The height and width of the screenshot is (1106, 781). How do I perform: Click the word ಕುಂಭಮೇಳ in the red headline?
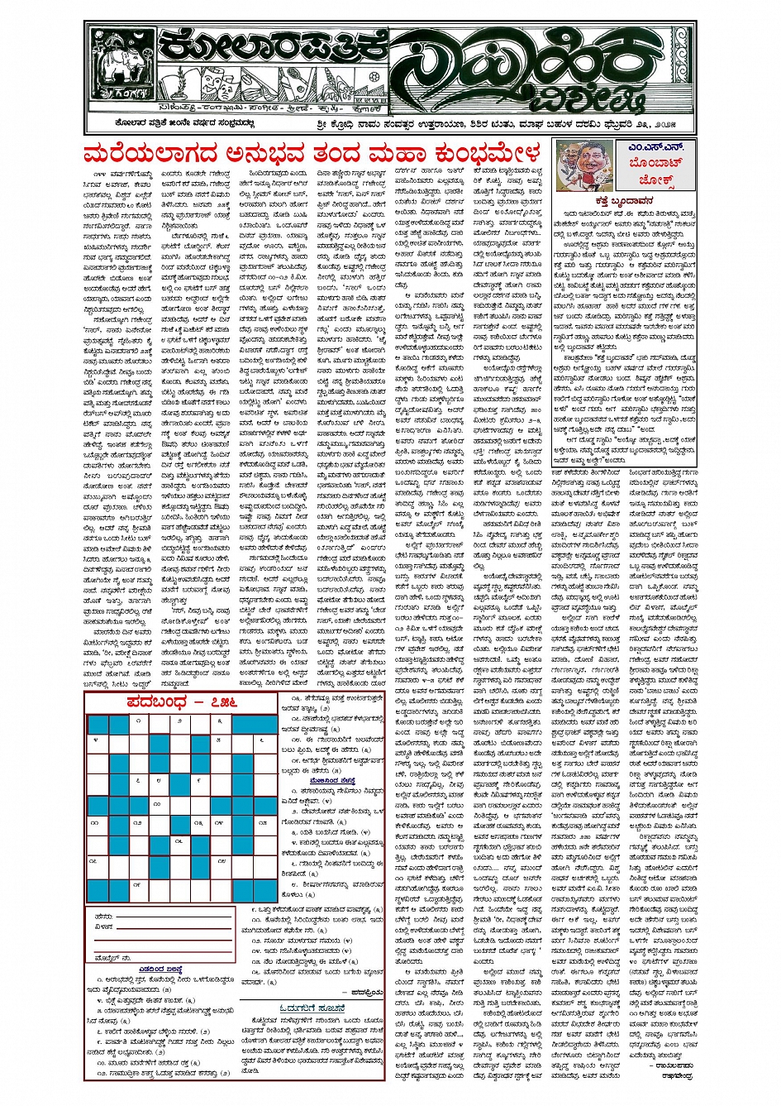pyautogui.click(x=470, y=154)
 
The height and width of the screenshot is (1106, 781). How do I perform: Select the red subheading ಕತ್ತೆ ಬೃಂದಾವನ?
pyautogui.click(x=623, y=201)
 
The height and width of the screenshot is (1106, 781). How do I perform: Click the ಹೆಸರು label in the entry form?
pyautogui.click(x=103, y=917)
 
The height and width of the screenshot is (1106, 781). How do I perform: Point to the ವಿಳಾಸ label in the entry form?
pyautogui.click(x=103, y=927)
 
